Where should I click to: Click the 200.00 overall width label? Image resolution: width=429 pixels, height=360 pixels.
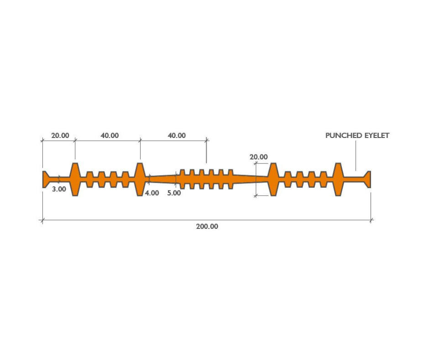[x=207, y=227]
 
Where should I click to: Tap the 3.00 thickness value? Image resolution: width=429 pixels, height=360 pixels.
[x=59, y=189]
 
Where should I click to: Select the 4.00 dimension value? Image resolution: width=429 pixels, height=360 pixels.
[x=152, y=193]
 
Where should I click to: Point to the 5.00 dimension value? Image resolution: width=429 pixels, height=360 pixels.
[x=174, y=193]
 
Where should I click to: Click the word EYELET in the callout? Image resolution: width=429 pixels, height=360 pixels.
[x=377, y=136]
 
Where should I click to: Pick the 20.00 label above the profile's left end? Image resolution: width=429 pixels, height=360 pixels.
[x=60, y=135]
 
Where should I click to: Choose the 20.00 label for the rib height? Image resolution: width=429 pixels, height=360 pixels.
[x=259, y=157]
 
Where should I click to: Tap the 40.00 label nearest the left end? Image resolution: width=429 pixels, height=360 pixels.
[x=110, y=135]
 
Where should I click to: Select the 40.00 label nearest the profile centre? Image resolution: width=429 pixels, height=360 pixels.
[x=177, y=135]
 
